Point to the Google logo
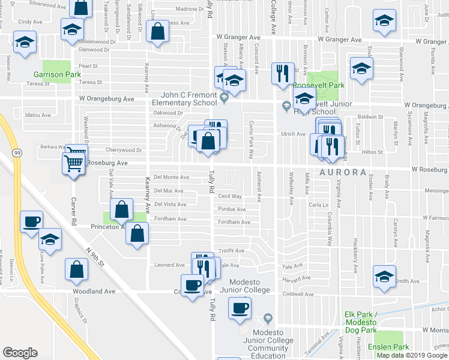(x=20, y=353)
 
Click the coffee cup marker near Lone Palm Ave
(x=32, y=221)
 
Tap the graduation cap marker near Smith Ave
(x=384, y=275)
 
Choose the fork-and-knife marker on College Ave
(x=282, y=73)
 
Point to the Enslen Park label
(x=393, y=347)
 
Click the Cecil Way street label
(x=230, y=196)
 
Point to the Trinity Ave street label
(x=232, y=251)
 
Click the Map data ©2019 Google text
(x=411, y=355)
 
